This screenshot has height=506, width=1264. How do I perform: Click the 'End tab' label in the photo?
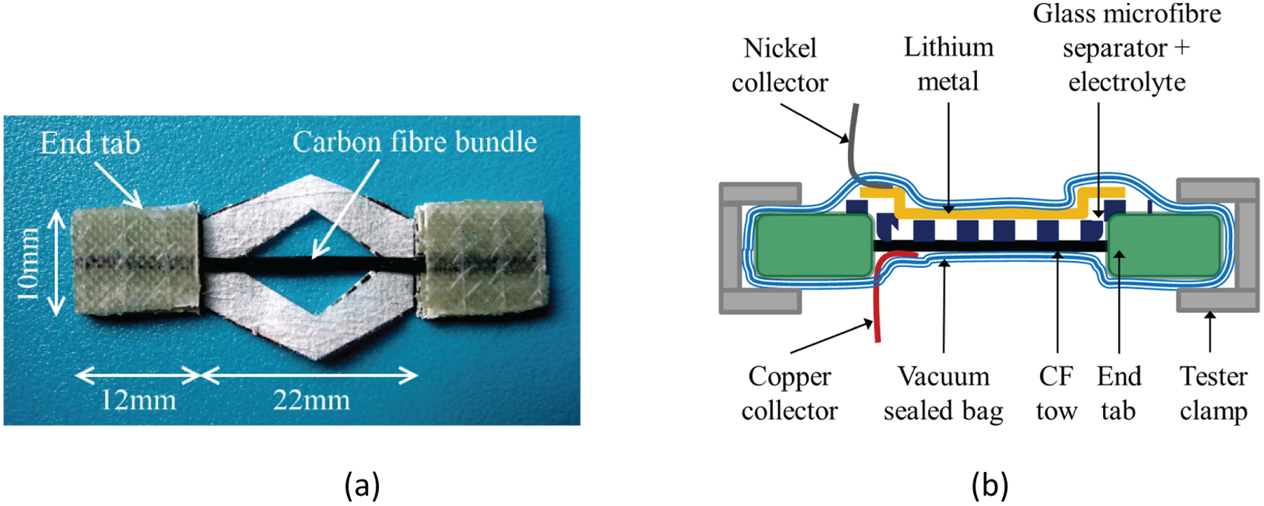point(90,143)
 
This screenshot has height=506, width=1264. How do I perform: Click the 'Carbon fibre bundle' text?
point(415,142)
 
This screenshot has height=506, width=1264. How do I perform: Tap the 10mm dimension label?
point(28,263)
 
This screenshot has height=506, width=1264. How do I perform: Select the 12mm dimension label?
point(138,401)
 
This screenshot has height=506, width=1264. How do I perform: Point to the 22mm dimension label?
point(311,401)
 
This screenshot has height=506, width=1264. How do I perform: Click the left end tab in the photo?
point(135,259)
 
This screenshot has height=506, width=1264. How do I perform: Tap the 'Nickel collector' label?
point(780,65)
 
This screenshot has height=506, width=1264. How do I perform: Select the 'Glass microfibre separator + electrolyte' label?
point(1126,47)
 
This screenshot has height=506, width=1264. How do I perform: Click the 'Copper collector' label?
point(789,393)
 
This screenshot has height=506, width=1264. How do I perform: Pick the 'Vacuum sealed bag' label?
point(943,393)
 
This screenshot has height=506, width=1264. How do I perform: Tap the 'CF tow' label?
point(1056,393)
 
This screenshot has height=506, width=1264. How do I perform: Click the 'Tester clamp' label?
point(1214,393)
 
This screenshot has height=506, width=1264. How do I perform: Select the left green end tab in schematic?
point(814,246)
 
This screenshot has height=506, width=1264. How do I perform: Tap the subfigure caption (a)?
point(362,485)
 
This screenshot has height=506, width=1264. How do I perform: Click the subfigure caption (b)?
point(990,485)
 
